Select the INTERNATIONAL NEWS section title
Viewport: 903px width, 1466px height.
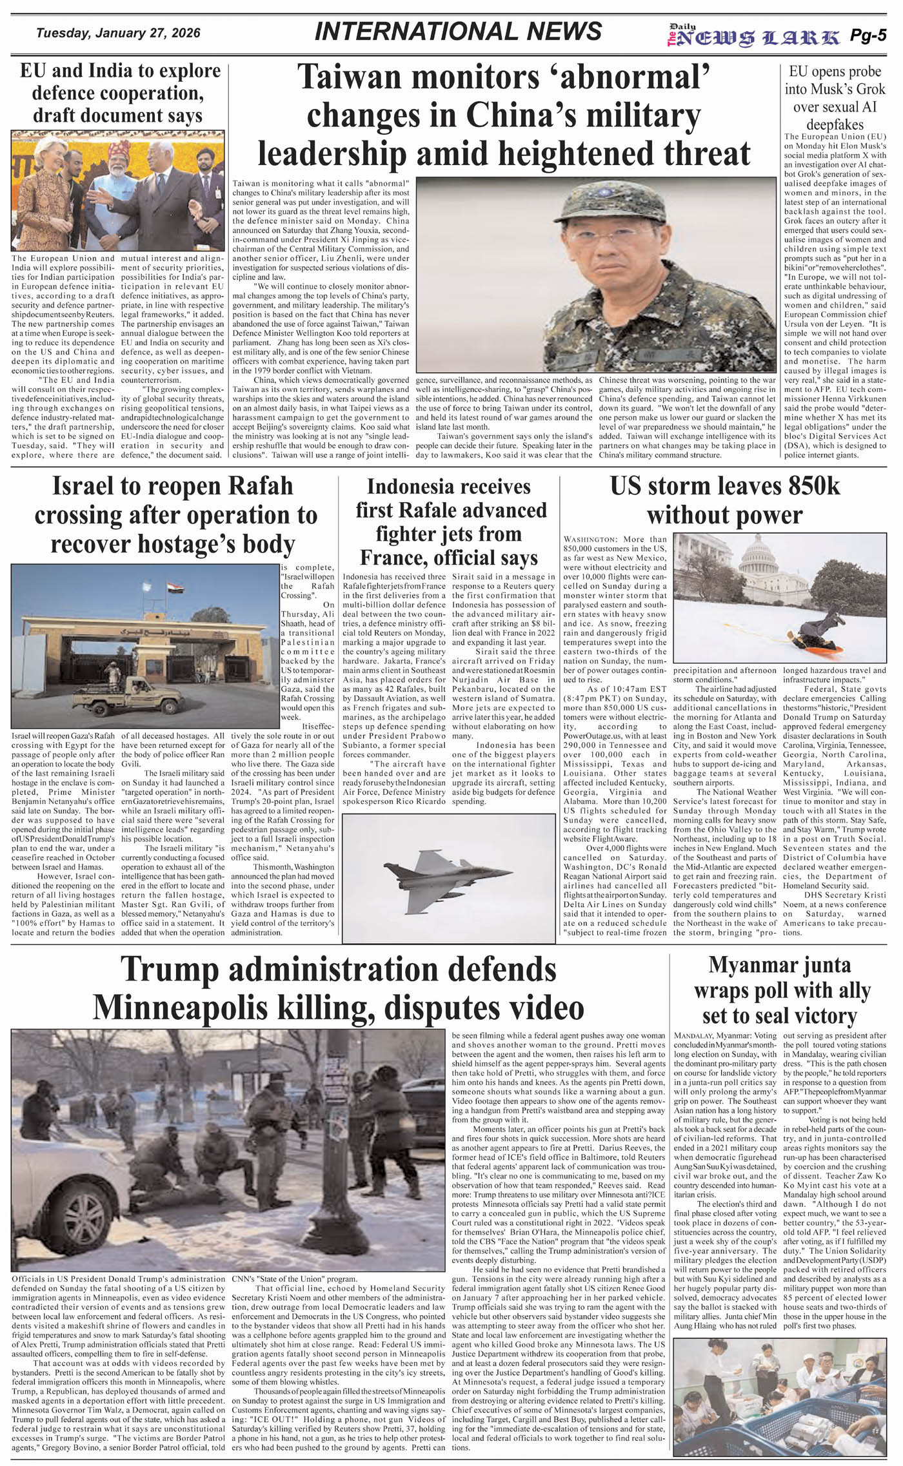click(458, 32)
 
